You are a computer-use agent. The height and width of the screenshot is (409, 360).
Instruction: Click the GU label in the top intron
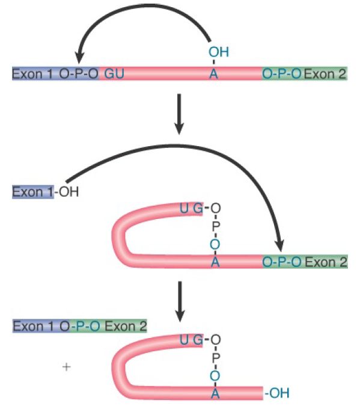pos(114,74)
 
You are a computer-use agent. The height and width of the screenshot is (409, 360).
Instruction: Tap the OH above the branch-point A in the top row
pos(219,52)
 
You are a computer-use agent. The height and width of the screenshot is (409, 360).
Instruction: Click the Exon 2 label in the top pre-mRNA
pos(325,74)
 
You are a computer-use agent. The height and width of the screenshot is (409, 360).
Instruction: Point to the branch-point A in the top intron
pos(213,74)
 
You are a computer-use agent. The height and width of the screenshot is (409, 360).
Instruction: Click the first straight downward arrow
pos(179,114)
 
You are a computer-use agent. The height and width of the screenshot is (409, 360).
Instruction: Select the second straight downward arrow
pos(180,301)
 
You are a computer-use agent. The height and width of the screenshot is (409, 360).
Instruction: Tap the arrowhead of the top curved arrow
pos(79,57)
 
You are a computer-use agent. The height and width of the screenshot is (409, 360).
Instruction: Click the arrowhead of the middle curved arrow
pos(280,245)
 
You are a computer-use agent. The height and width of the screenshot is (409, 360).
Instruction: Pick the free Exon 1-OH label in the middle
pos(45,192)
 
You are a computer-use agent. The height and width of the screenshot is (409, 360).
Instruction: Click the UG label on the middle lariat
pos(191,209)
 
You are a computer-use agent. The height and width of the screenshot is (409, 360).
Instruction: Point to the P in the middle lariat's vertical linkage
pos(216,226)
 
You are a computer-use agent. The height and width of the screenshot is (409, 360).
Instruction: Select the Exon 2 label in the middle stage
pos(326,262)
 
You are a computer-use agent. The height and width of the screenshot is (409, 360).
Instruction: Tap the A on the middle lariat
pos(215,262)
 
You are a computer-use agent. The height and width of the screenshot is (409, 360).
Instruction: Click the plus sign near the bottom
pos(67,367)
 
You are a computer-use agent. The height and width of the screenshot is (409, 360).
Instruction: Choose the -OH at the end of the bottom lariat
pos(277,393)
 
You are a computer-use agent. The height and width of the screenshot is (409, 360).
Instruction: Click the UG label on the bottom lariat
pos(191,340)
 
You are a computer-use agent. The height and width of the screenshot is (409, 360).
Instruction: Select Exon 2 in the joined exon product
pos(126,326)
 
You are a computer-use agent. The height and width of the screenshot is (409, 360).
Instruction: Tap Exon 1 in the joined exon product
pos(34,326)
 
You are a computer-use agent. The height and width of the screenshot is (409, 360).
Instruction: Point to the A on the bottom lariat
pos(215,393)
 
